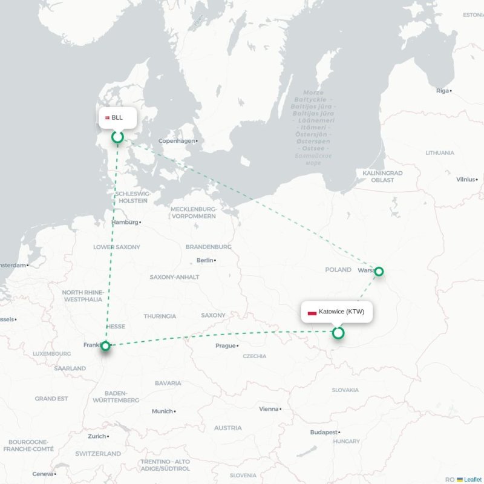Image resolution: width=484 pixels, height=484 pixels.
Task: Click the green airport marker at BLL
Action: click(117, 137)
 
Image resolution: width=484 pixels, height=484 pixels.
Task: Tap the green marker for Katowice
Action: click(338, 333)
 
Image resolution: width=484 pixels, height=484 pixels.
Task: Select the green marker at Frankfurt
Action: click(106, 346)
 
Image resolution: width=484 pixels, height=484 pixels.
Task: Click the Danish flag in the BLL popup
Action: click(107, 117)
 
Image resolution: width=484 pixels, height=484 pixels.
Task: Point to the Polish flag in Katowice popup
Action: click(312, 312)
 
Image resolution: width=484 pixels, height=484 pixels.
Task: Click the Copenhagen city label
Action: click(177, 141)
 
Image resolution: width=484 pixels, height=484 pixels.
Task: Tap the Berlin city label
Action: click(204, 260)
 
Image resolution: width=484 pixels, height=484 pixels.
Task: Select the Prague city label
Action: click(225, 345)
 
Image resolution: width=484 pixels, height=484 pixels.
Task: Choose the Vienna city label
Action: click(269, 409)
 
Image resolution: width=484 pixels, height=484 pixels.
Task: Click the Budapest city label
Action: click(323, 433)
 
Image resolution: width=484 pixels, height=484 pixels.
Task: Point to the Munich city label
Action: click(162, 411)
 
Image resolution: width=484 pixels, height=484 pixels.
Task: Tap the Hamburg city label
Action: click(125, 222)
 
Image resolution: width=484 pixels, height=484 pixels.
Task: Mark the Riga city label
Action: click(442, 91)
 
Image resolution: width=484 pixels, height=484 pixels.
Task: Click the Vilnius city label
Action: click(466, 179)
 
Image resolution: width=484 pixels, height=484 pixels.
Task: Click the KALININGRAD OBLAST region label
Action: click(382, 176)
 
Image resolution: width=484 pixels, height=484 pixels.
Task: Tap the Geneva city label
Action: click(42, 474)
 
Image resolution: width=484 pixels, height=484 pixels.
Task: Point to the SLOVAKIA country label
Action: click(345, 390)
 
